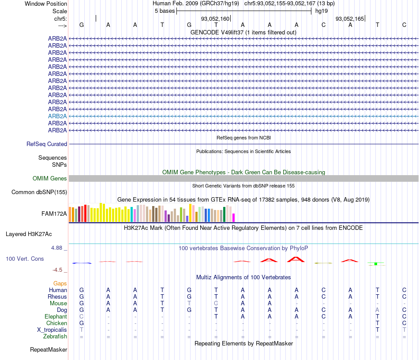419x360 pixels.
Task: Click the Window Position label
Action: pos(46,4)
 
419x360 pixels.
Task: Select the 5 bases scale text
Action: pos(165,11)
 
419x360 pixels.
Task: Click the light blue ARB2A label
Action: pos(57,116)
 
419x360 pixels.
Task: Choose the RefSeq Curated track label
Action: pos(47,144)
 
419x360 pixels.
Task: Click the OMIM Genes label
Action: pos(49,179)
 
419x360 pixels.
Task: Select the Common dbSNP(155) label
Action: pos(39,192)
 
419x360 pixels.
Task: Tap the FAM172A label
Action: pos(54,214)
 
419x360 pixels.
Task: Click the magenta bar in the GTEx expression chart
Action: pos(234,217)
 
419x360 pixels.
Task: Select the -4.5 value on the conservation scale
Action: pos(57,270)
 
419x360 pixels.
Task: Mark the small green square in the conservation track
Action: pos(375,264)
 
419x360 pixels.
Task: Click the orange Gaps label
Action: pos(60,283)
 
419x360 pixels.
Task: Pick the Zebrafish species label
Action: pos(56,337)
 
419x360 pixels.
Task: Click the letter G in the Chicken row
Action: pos(82,323)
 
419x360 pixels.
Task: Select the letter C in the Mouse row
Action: pos(216,304)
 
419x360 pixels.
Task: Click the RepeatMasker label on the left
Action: pos(49,350)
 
